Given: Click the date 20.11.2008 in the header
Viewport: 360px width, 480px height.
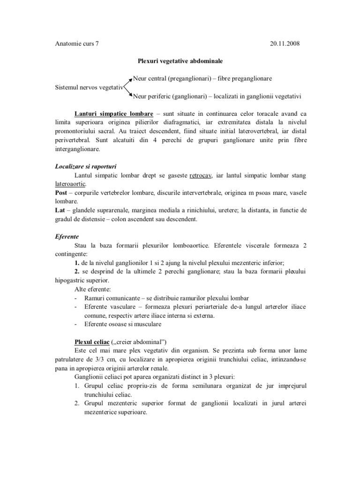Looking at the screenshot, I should point(285,44).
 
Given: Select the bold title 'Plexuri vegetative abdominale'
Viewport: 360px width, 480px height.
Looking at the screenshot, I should point(180,61).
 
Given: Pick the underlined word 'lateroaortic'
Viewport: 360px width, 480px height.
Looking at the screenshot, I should point(67,184).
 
